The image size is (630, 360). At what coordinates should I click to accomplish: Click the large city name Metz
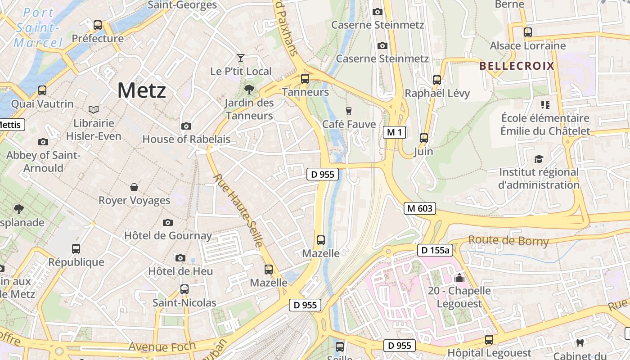[142, 90]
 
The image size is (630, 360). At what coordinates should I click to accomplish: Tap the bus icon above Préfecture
[98, 25]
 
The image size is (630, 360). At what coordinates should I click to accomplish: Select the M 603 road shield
[419, 208]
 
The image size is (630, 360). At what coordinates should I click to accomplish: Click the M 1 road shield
[395, 132]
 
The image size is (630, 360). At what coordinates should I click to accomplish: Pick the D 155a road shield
[434, 251]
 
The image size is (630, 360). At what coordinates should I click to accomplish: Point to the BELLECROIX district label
[517, 66]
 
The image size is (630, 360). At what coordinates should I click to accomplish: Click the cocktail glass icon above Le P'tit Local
[241, 58]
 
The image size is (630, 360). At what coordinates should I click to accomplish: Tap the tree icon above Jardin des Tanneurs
[249, 90]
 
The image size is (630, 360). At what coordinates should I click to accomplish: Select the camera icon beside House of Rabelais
[186, 126]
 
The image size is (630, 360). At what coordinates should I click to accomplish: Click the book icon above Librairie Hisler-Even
[94, 109]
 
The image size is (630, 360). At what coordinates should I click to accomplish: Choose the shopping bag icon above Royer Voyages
[134, 187]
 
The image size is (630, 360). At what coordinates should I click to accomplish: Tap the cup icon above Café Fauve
[348, 111]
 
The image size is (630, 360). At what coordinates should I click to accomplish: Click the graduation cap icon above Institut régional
[539, 159]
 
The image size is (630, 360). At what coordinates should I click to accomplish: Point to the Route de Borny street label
[508, 241]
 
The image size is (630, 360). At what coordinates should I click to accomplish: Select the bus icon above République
[76, 248]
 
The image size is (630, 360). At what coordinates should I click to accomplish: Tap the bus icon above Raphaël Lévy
[436, 80]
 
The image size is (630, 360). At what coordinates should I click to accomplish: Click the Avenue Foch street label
[162, 346]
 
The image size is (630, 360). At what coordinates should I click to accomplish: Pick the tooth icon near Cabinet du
[580, 343]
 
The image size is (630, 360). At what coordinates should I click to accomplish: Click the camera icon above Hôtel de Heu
[180, 258]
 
